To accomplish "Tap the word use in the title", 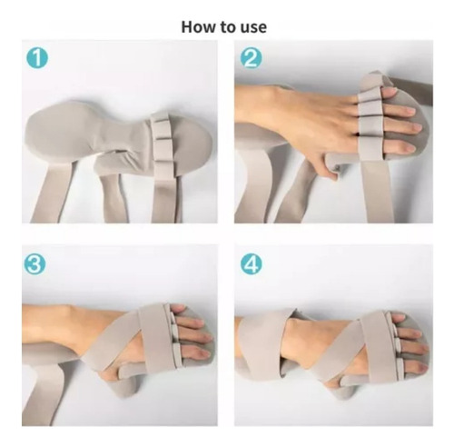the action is pyautogui.click(x=253, y=28).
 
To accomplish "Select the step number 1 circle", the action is pyautogui.click(x=37, y=57).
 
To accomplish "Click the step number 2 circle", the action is pyautogui.click(x=251, y=58).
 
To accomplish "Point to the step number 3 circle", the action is pyautogui.click(x=35, y=263).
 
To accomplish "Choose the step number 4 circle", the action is pyautogui.click(x=252, y=264).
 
